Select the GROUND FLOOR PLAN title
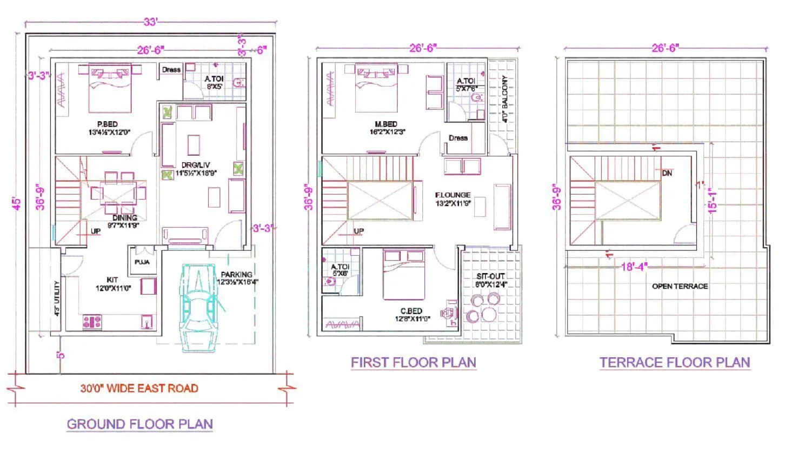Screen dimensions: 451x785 (x=139, y=423)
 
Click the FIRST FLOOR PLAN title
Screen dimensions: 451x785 (x=414, y=362)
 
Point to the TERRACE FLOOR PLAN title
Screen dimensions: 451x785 (x=675, y=362)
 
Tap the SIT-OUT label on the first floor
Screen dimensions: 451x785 (x=491, y=275)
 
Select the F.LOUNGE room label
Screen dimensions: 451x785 (x=453, y=195)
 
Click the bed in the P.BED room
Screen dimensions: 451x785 (x=110, y=87)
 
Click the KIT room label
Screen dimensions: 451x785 (x=112, y=280)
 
